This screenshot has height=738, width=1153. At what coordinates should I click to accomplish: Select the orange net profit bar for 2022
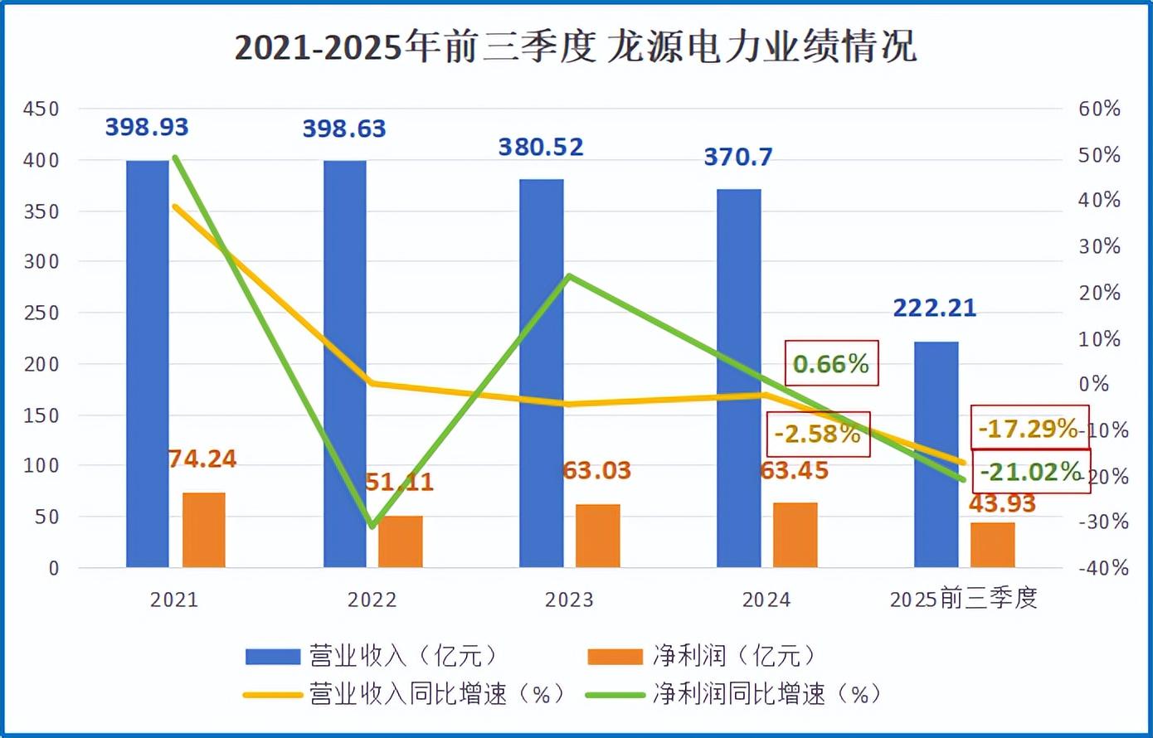coord(400,541)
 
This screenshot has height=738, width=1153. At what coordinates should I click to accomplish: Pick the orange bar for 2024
coord(795,535)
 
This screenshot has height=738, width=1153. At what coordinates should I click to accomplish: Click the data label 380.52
coord(541,148)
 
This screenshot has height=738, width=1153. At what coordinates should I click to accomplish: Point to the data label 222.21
coord(935,308)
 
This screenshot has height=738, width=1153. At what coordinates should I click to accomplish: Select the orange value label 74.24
coord(202,459)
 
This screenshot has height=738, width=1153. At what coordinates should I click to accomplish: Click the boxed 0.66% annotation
coord(830,363)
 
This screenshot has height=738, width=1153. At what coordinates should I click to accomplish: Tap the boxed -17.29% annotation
coord(1029,428)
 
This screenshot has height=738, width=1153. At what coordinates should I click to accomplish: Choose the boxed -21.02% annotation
coord(1031,472)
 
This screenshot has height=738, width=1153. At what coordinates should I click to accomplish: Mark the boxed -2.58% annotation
coord(818,434)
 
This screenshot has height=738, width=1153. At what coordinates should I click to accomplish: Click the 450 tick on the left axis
coord(41,109)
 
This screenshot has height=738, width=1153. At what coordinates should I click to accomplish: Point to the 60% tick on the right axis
coord(1099,109)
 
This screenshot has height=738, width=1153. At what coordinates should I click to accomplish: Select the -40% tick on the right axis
coord(1103,568)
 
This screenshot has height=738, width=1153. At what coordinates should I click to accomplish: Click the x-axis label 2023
coord(569,600)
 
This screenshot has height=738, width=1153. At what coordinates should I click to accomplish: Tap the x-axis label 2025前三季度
coord(963,599)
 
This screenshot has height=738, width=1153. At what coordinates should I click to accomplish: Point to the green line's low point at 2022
coord(372,526)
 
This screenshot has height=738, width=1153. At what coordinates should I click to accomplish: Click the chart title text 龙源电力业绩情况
coord(761,47)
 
